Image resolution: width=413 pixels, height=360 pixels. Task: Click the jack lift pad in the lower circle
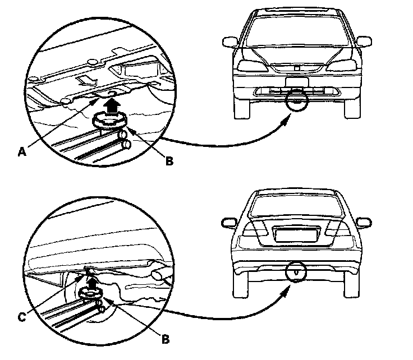[x=90, y=293]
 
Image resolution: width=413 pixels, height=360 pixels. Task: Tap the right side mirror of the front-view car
[x=364, y=41]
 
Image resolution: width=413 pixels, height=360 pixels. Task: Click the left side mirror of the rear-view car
[x=229, y=223]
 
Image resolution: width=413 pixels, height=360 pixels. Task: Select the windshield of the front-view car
[x=297, y=31]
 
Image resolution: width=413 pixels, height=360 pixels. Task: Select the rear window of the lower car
[x=297, y=204]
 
